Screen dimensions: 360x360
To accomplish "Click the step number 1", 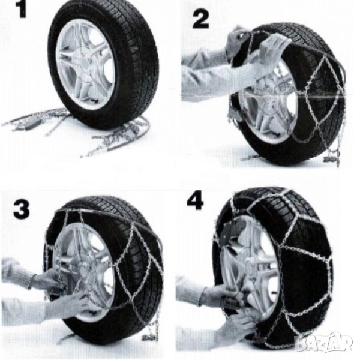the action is point(22,9).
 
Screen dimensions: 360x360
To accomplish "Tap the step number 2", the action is point(201,20).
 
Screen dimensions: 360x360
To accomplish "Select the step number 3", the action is point(22,209).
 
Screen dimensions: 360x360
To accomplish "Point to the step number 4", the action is point(195,201).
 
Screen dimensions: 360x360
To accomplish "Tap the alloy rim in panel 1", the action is point(85,64).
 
